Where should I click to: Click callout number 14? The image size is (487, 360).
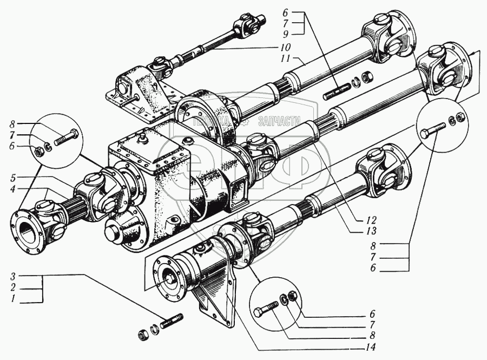point(370,347)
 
